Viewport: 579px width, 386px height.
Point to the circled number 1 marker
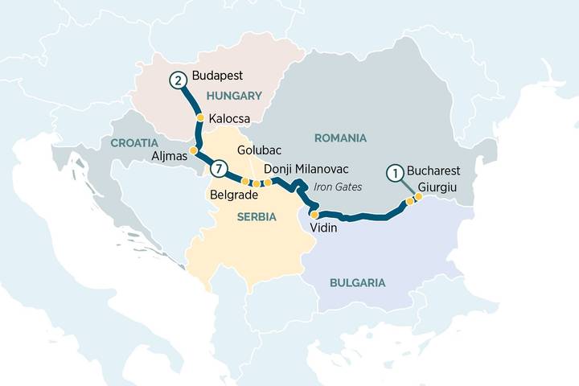[x=394, y=171]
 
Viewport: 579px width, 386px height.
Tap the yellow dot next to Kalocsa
[x=200, y=117]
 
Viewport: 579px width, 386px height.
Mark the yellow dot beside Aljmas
[x=193, y=150]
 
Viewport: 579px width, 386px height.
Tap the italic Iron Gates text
[x=338, y=187]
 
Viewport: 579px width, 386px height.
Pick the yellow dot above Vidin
[x=314, y=215]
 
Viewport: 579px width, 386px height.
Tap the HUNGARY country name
[x=234, y=96]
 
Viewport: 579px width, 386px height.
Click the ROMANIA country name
[x=340, y=138]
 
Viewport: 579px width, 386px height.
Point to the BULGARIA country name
[x=357, y=282]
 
